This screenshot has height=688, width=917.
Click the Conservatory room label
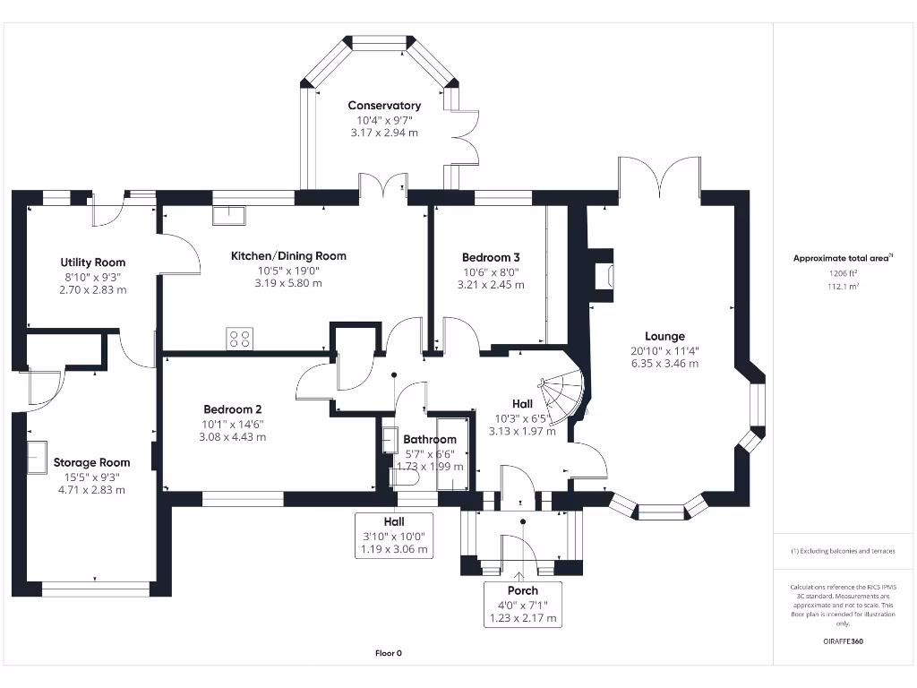pyautogui.click(x=384, y=106)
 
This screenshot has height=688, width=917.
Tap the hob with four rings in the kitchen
pyautogui.click(x=239, y=338)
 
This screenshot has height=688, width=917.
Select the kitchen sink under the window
pyautogui.click(x=228, y=215)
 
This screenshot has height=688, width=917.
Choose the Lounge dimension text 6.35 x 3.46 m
pyautogui.click(x=664, y=364)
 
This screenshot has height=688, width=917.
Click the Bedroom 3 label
pyautogui.click(x=491, y=256)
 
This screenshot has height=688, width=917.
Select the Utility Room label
pyautogui.click(x=92, y=262)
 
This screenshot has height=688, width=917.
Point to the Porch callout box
pyautogui.click(x=523, y=604)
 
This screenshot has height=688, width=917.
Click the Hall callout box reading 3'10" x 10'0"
pyautogui.click(x=394, y=535)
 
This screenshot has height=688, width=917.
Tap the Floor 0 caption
pyautogui.click(x=388, y=653)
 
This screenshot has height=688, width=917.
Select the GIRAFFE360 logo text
pyautogui.click(x=843, y=641)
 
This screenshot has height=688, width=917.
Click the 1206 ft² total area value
pyautogui.click(x=843, y=273)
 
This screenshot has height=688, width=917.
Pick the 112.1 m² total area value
pyautogui.click(x=843, y=287)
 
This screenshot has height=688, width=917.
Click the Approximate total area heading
pyautogui.click(x=843, y=258)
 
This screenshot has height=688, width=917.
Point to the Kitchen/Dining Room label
pyautogui.click(x=288, y=256)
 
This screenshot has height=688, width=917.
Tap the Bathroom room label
pyautogui.click(x=429, y=440)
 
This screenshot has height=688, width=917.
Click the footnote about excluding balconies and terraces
pyautogui.click(x=843, y=551)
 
